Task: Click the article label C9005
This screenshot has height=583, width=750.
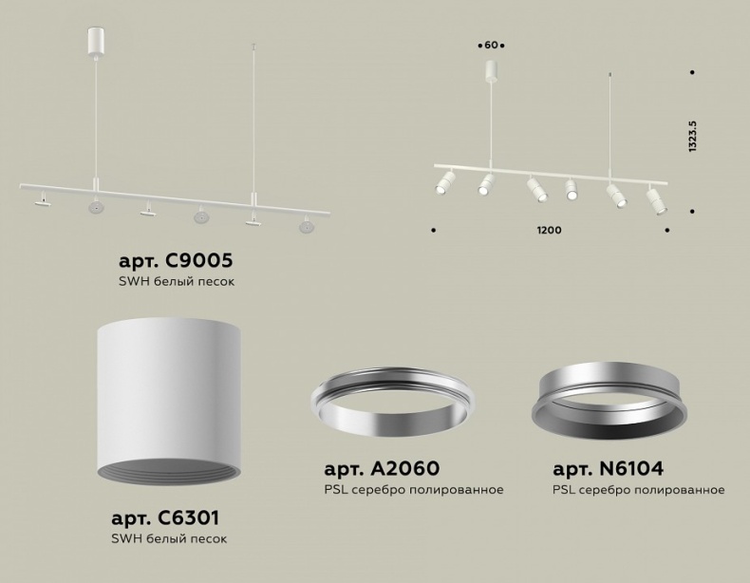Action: [x=176, y=260]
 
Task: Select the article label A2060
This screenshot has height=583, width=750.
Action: [x=382, y=468]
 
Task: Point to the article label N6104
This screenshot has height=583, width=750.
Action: [x=608, y=468]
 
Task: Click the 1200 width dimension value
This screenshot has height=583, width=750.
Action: [x=549, y=231]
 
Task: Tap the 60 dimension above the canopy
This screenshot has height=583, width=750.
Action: [x=491, y=45]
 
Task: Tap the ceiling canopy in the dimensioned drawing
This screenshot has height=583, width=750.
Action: [x=491, y=70]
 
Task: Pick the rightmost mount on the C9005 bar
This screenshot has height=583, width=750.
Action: [x=305, y=226]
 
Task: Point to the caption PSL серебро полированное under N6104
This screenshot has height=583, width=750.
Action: [x=638, y=490]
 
